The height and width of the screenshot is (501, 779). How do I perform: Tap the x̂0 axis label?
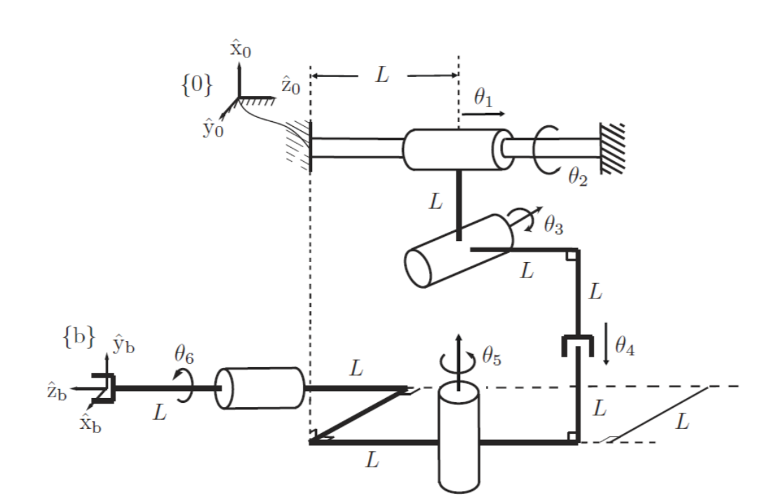click(x=241, y=51)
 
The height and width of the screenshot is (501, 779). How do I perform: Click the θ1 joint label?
click(x=485, y=98)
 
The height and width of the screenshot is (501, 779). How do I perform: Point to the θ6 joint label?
click(x=184, y=358)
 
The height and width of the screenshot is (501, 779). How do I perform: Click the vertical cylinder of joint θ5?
click(x=459, y=438)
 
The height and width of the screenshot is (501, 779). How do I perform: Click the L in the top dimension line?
click(x=381, y=75)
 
